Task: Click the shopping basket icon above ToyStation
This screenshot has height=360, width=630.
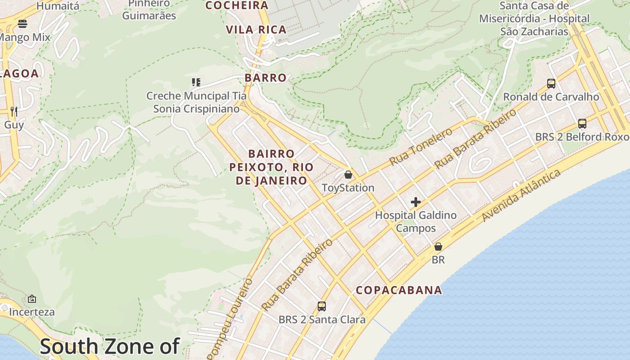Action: [x=348, y=174]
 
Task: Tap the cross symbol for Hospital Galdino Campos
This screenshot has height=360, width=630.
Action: [x=416, y=202]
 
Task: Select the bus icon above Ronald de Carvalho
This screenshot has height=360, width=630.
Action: [x=551, y=83]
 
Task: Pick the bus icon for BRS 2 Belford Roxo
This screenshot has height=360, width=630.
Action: [x=582, y=124]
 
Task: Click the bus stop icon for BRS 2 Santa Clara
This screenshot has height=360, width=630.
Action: [x=321, y=306]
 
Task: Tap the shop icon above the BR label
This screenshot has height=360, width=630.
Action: [x=438, y=247]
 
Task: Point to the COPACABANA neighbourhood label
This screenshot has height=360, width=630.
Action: [x=399, y=290]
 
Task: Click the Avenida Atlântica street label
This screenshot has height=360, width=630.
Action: [x=521, y=196]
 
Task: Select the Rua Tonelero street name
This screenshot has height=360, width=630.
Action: [x=421, y=147]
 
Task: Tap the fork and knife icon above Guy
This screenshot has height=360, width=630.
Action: [x=14, y=111]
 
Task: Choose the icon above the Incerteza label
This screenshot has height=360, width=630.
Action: [x=31, y=299]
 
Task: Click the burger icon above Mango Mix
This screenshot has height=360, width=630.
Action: [x=22, y=24]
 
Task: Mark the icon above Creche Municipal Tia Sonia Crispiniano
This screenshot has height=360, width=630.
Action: [x=196, y=82]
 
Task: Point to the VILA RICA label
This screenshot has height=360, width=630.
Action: [x=256, y=30]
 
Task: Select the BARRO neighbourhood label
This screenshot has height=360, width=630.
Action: [x=265, y=78]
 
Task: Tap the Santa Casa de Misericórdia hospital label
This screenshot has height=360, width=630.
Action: [x=534, y=19]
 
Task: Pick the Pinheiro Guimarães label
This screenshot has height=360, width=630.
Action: [x=149, y=10]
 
